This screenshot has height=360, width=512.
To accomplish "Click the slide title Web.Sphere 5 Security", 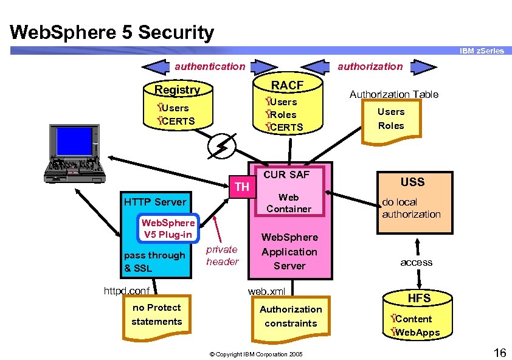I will (x=112, y=32).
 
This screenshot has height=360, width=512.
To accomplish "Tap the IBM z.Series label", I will (x=482, y=50).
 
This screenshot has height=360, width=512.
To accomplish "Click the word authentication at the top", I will (x=210, y=66).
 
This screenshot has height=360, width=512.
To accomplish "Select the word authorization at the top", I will (x=370, y=66).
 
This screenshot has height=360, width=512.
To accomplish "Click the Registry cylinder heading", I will (x=177, y=90).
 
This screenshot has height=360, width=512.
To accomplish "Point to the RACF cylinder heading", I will (x=287, y=85).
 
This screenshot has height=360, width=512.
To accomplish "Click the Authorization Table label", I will (x=393, y=94).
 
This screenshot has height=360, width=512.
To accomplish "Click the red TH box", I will (x=242, y=187).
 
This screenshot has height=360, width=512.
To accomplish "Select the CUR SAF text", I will (x=286, y=175).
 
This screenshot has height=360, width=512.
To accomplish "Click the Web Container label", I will (x=289, y=203).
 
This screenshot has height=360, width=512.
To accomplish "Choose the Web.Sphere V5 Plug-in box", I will (x=168, y=229).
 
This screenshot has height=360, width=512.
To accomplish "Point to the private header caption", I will (x=222, y=255).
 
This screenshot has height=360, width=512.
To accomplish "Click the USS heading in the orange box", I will (x=412, y=182).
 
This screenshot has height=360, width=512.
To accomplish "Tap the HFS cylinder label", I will (x=419, y=298).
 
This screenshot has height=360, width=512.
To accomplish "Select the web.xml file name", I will (x=266, y=291).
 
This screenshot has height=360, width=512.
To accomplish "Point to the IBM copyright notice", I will (x=257, y=354).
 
